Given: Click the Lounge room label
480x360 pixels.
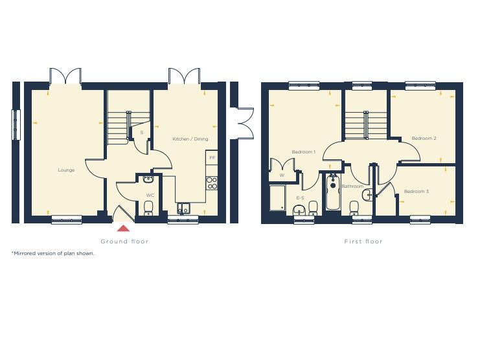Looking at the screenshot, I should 66,170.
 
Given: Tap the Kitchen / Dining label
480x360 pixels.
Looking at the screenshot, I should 190,139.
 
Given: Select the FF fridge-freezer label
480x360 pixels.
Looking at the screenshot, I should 212,158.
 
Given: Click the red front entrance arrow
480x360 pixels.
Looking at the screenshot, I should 123,227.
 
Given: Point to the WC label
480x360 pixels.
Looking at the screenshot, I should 150,194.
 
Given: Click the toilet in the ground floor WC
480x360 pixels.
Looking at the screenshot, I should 148,207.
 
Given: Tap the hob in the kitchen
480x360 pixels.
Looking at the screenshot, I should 211,183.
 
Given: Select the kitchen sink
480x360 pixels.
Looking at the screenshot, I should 183,208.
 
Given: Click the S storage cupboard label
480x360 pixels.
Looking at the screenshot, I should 141,132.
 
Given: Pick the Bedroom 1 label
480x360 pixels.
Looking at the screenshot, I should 303,152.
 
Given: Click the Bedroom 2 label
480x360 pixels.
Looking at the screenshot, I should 424,138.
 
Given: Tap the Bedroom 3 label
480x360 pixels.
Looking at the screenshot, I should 416,191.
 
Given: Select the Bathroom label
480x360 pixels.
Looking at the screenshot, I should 352,186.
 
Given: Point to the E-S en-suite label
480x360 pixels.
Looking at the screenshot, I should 300,197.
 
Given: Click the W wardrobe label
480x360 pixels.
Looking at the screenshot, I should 282,175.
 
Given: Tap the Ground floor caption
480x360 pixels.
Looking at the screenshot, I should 124,242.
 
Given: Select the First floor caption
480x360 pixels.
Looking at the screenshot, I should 363,242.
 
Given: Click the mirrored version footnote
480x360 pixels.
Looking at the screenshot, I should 53,253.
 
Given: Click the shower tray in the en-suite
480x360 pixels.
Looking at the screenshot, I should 278,198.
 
